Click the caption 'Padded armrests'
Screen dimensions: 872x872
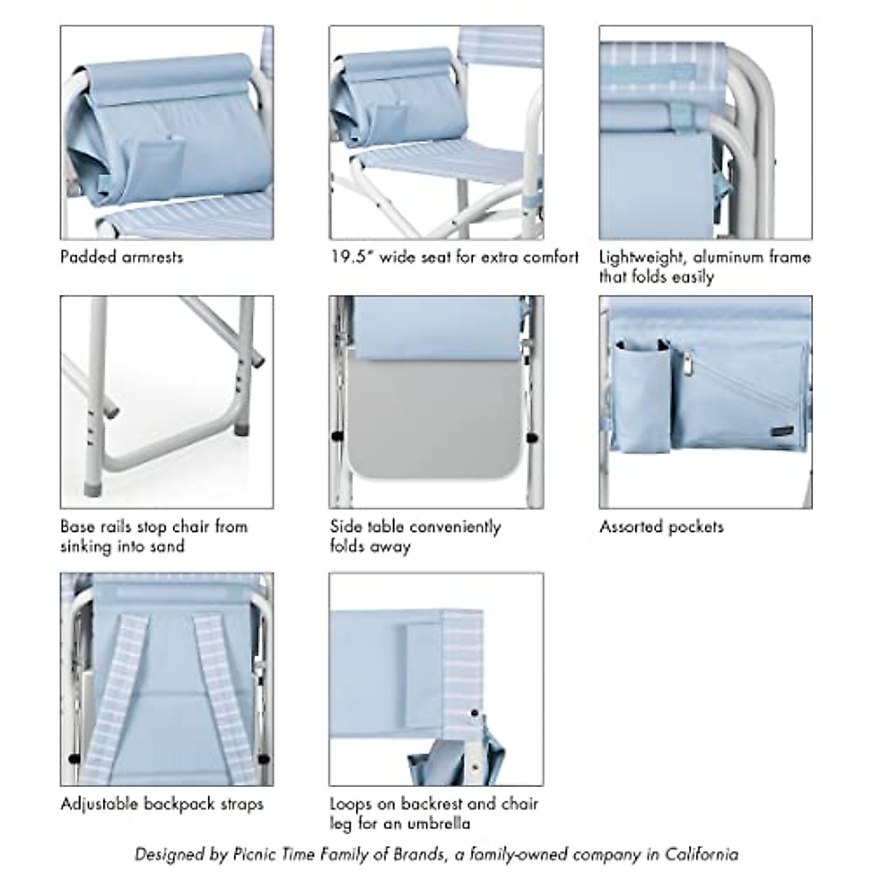point(121,257)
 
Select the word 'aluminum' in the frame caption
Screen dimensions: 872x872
point(729,257)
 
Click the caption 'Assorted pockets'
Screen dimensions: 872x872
point(661,527)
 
